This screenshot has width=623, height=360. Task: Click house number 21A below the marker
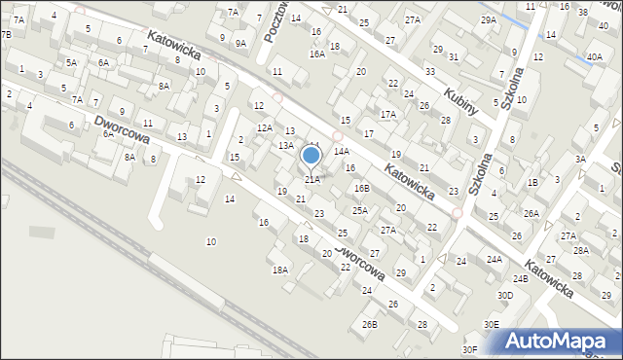pos(312,180)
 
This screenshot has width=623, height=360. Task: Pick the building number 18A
pos(280,270)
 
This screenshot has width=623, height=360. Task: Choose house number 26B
pos(370,324)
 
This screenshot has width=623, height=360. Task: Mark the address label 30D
pos(505,295)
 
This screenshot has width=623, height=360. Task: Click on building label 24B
pos(521,279)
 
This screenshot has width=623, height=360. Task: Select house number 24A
pos(495,259)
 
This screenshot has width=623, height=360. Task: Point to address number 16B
pos(362,188)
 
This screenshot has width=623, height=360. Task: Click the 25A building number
pos(360,210)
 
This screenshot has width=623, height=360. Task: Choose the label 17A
pos(388,114)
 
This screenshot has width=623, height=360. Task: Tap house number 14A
pos(342,152)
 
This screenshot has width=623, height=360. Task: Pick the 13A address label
pos(286,145)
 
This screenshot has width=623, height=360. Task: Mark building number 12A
pos(264,127)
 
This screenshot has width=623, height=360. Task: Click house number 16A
pos(317,54)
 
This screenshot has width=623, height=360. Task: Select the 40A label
pos(594,57)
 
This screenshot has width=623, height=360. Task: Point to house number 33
pos(429,72)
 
